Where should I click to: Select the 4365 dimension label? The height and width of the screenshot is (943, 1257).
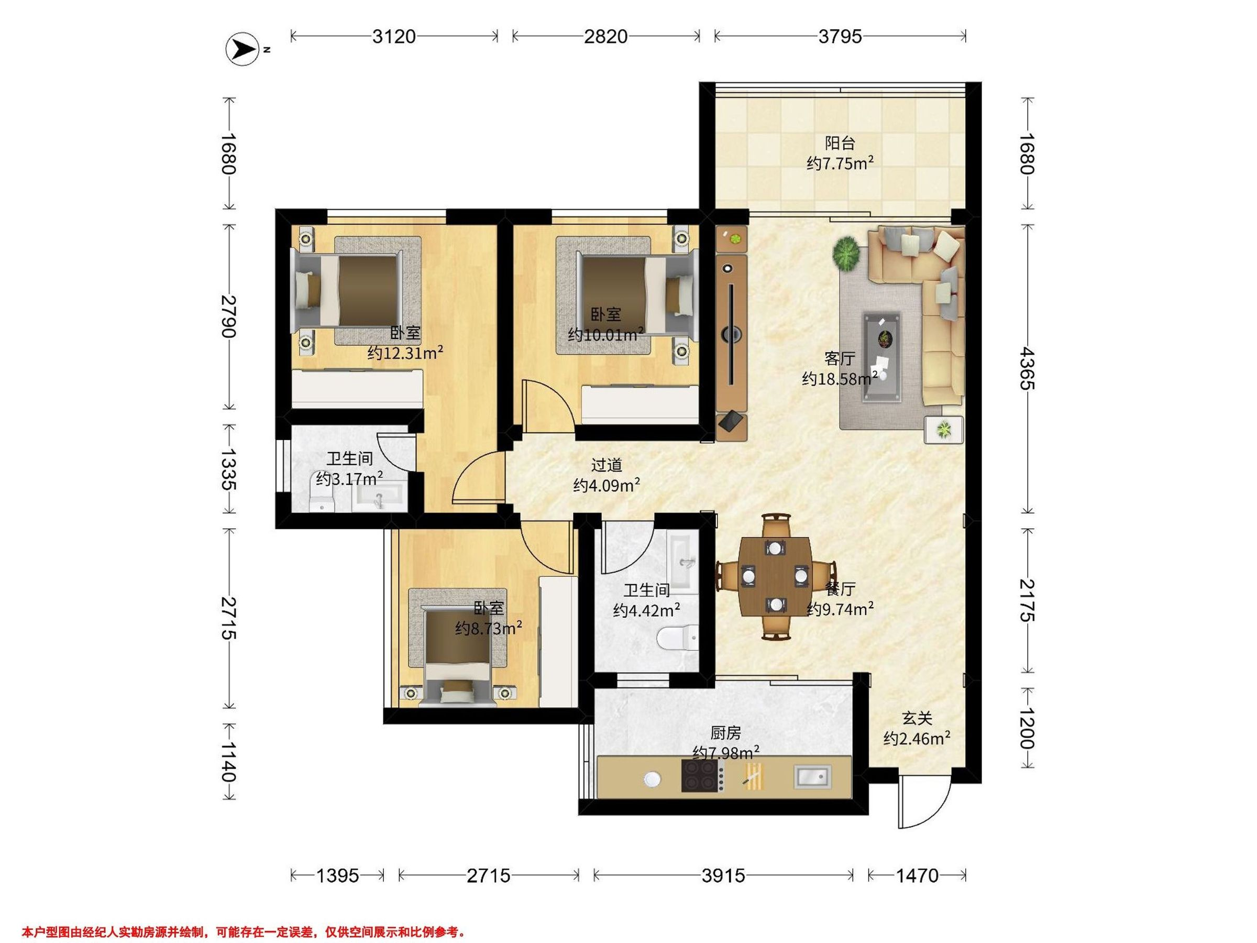click(x=1026, y=369)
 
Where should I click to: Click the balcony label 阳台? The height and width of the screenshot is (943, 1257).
click(x=840, y=143)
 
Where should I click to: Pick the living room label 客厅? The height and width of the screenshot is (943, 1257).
click(x=840, y=359)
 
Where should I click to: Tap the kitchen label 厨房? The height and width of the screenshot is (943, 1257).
click(x=726, y=733)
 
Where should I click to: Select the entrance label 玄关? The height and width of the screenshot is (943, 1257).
click(x=917, y=718)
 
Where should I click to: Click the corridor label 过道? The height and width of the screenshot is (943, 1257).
click(x=607, y=465)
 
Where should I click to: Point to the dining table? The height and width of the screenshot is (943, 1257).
click(x=775, y=576)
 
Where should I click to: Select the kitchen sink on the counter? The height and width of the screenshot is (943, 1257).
click(x=812, y=777)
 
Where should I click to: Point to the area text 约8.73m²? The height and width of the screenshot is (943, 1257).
click(x=489, y=628)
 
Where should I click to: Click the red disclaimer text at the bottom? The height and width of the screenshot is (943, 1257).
click(x=244, y=931)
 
